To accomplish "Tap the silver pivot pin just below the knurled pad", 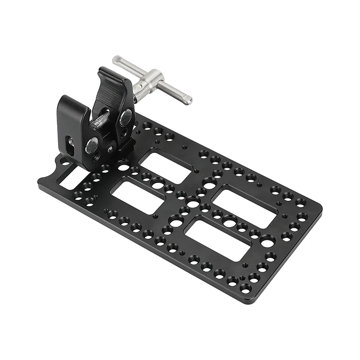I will (x=126, y=118).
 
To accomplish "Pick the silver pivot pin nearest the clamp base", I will (x=91, y=145).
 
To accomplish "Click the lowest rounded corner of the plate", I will (x=247, y=301).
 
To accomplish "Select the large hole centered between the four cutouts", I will (x=193, y=203).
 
